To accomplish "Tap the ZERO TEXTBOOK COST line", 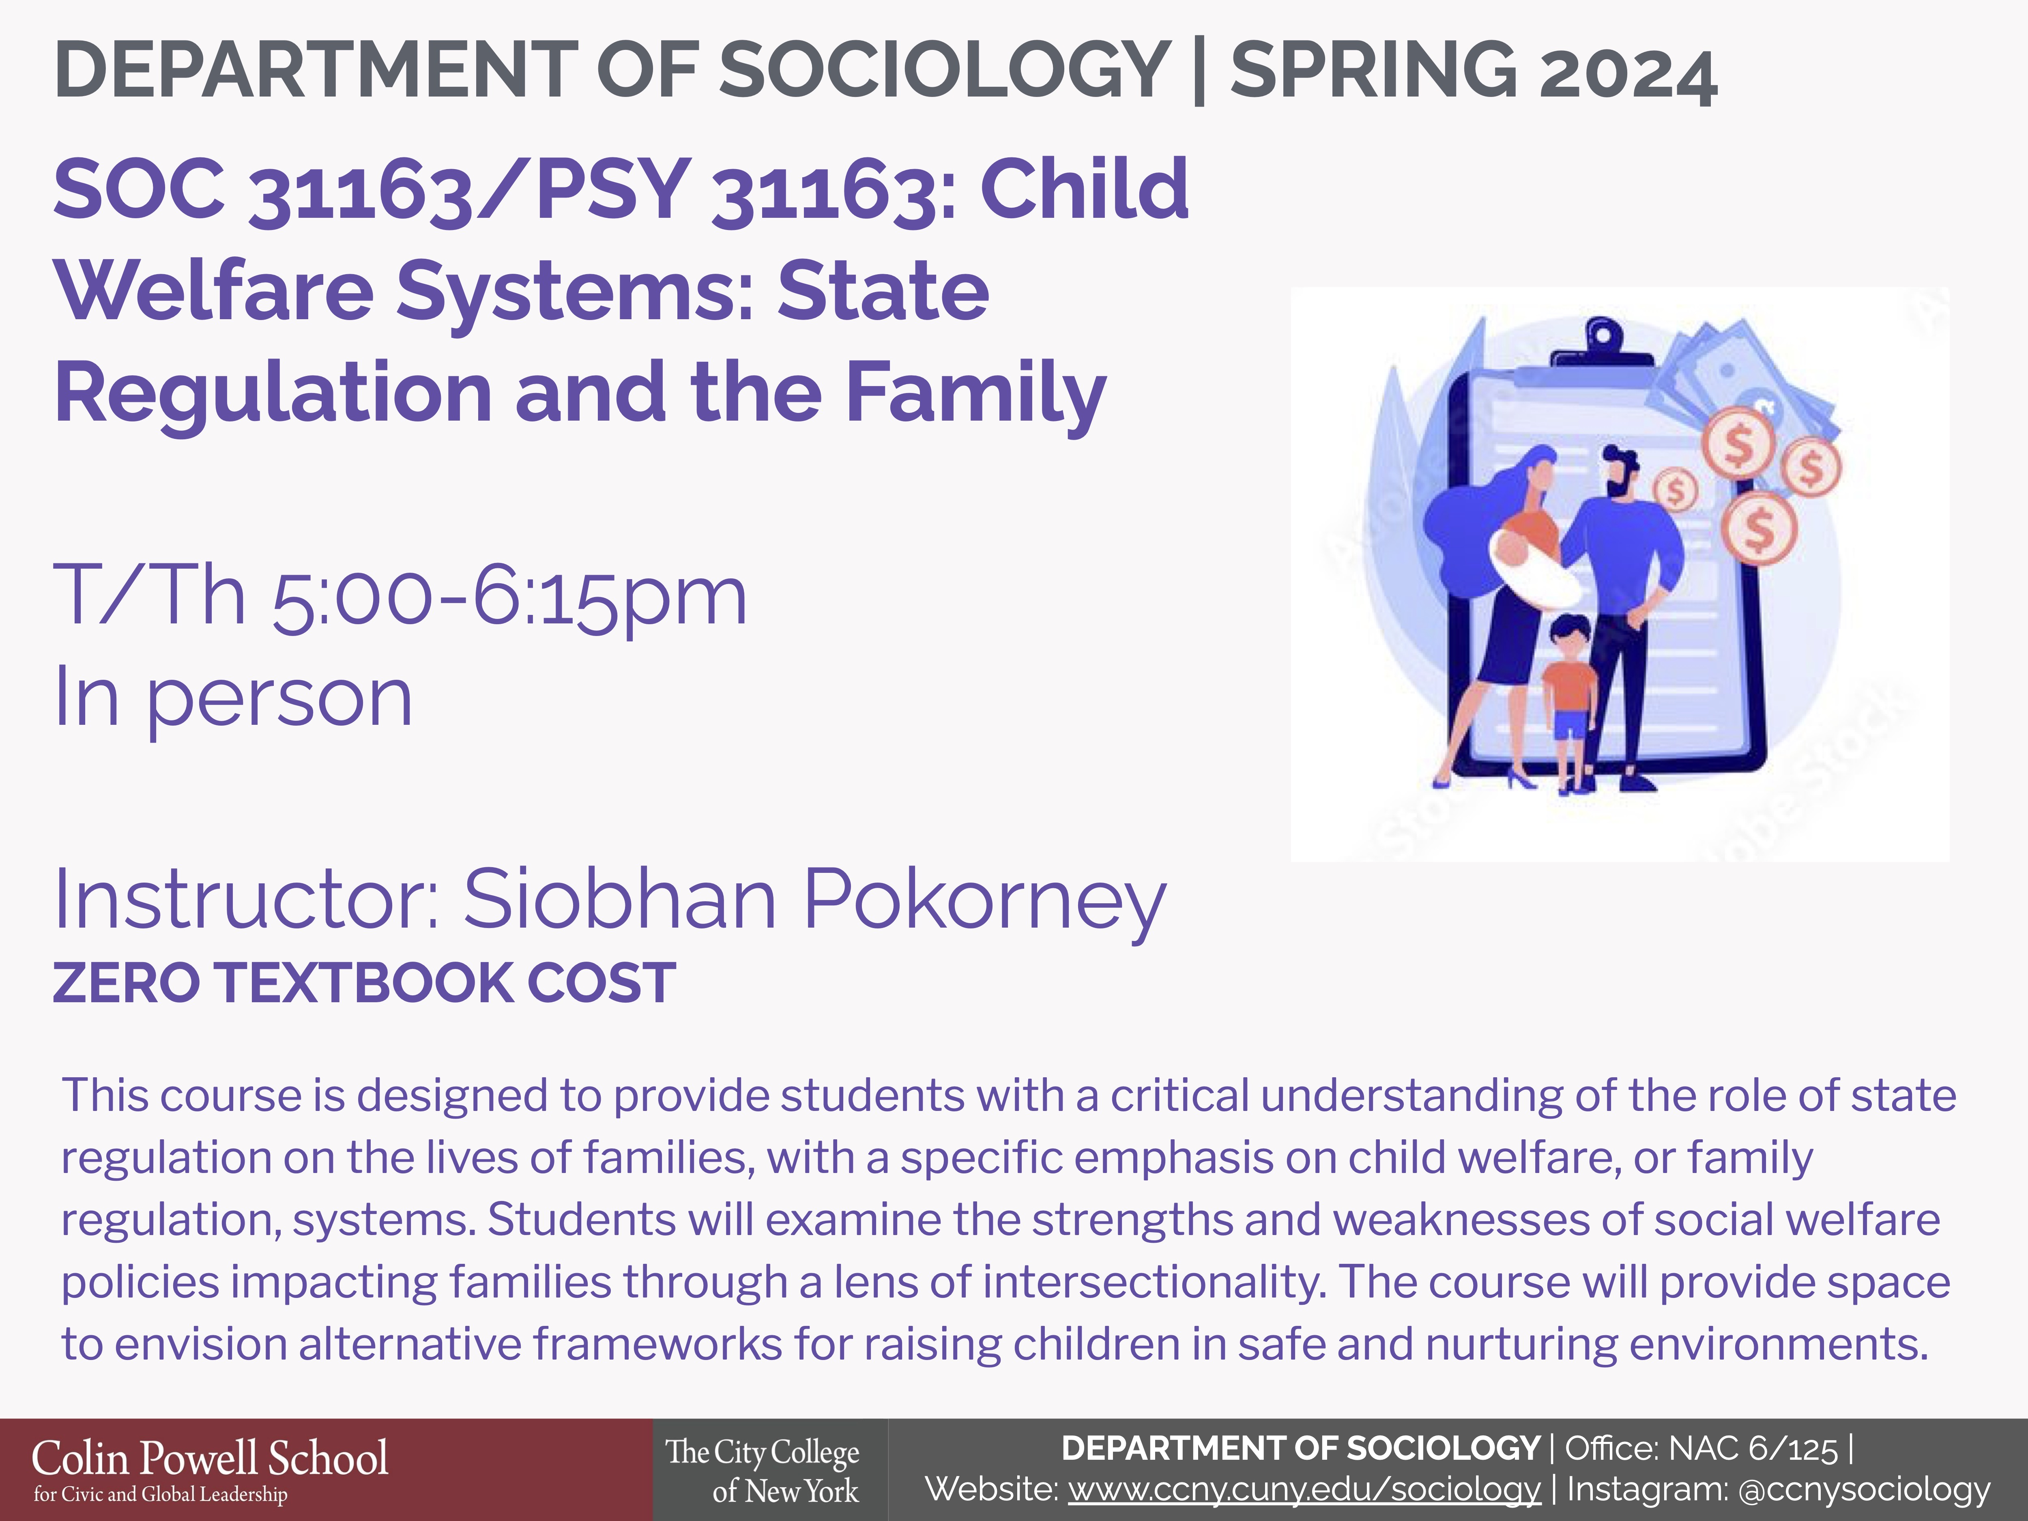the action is [365, 983].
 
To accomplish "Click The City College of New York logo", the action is [763, 1471].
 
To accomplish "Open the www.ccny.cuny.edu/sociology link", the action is [1304, 1489].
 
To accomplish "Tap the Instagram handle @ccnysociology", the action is [1864, 1489].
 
